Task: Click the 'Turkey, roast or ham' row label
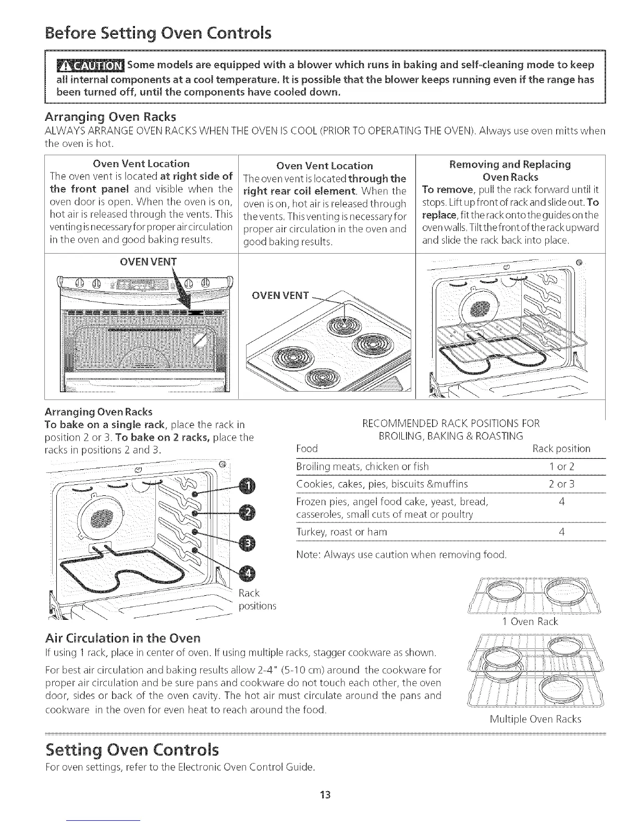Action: (341, 532)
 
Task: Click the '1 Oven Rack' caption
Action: (530, 622)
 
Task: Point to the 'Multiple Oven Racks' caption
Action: (535, 719)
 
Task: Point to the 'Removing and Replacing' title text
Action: (510, 165)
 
